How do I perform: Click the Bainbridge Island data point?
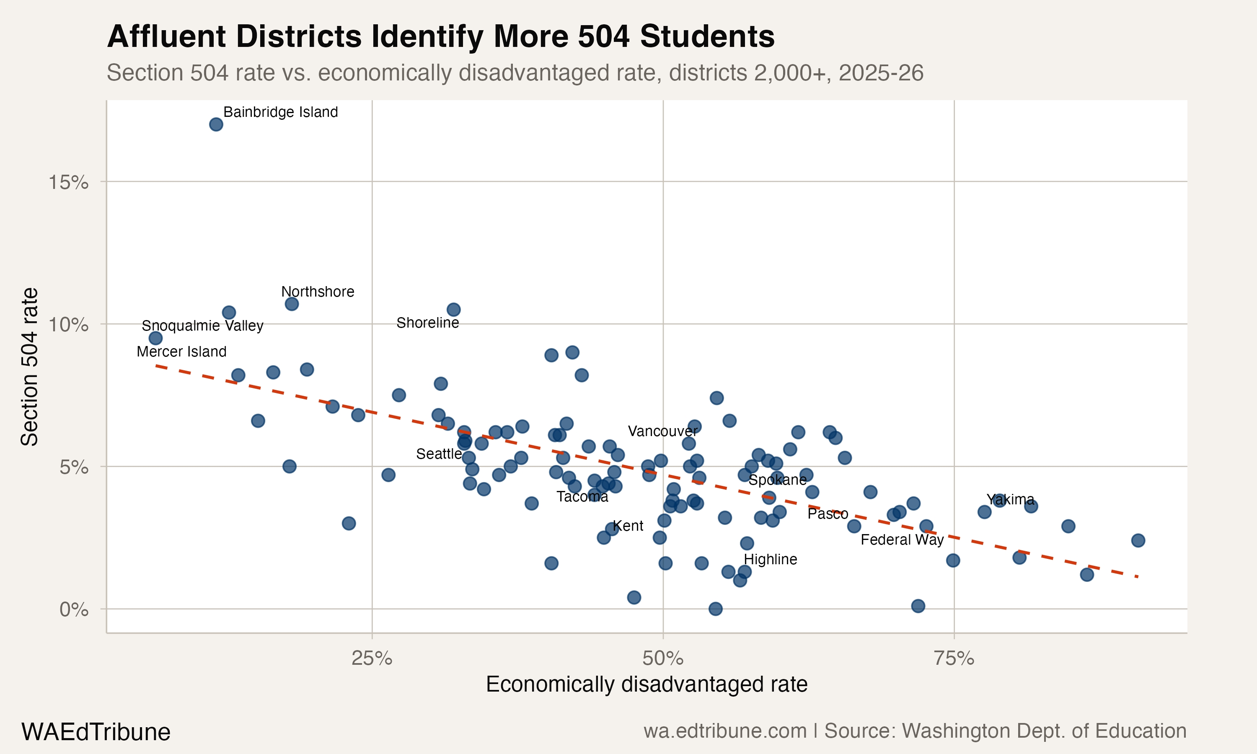[x=216, y=124]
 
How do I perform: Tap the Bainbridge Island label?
[x=280, y=112]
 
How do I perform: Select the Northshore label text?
[x=318, y=292]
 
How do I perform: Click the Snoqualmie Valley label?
[x=202, y=325]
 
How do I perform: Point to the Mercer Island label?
[x=181, y=351]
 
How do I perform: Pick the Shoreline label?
[x=427, y=323]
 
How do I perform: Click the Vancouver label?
[x=662, y=431]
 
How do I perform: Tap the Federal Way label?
[x=902, y=540]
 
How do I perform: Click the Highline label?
[x=770, y=559]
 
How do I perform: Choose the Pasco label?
[x=828, y=514]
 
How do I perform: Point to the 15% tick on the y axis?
[x=69, y=182]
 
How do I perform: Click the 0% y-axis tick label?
[x=74, y=609]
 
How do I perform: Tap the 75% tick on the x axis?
[x=954, y=658]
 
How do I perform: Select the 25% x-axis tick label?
[x=372, y=658]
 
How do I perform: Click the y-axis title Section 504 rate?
[x=29, y=367]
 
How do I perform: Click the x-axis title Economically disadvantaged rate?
[x=646, y=684]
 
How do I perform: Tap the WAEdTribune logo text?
[x=96, y=732]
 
